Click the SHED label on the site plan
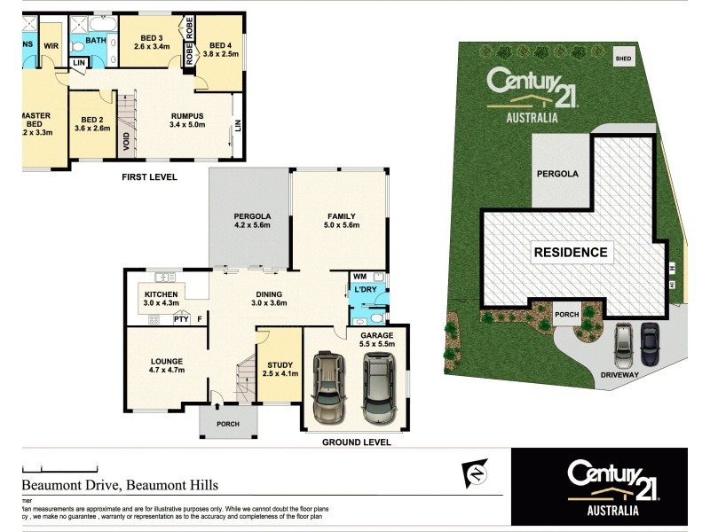[x=625, y=60]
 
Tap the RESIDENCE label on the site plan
[x=571, y=252]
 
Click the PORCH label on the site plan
[x=567, y=315]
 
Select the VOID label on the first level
[x=126, y=139]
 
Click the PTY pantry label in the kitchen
[x=181, y=319]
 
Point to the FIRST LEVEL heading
[x=148, y=177]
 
